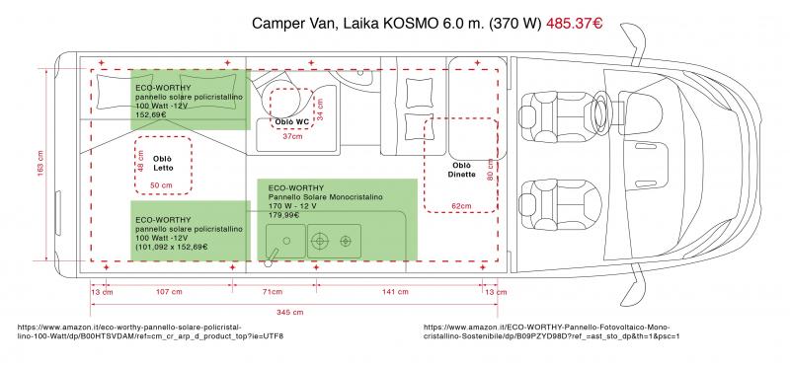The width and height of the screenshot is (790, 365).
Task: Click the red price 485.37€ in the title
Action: pos(575,23)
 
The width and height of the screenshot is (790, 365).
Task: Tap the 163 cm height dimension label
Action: pos(40,164)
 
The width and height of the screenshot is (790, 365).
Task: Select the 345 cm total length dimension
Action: pos(289,312)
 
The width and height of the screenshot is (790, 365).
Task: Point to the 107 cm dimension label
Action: pos(169,292)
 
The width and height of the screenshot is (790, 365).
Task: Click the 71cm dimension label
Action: pos(273,292)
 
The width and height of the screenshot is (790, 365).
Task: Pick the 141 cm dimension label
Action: pos(395,292)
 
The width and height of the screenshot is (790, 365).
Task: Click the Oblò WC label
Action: pos(291,122)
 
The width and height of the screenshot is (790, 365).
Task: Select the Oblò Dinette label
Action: pos(461,170)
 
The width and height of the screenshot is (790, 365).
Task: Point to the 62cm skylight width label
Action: pos(461,206)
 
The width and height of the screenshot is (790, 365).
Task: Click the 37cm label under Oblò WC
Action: pos(292,136)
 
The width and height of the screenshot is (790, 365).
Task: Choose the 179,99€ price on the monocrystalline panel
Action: pos(283,215)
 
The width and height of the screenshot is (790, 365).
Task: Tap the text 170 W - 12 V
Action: pos(292,206)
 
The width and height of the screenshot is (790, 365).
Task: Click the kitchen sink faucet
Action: pos(273,256)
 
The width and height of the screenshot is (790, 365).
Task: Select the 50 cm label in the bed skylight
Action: pos(161,185)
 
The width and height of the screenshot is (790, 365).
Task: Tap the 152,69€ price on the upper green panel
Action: pos(151,114)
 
